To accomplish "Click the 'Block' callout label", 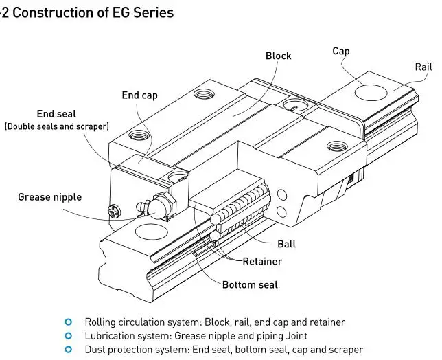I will point(278,56).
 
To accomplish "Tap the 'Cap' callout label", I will point(341,51).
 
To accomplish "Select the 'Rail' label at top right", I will point(423,67).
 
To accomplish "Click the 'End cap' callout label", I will point(140,95).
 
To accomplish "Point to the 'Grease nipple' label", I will point(49,197).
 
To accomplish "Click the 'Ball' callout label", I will point(287,244).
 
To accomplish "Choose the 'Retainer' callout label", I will point(262,261).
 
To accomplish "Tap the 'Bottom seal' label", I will point(250,284).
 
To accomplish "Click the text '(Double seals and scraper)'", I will point(57,126).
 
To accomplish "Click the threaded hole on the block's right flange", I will point(336,146).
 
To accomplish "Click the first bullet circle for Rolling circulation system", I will point(68,322).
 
